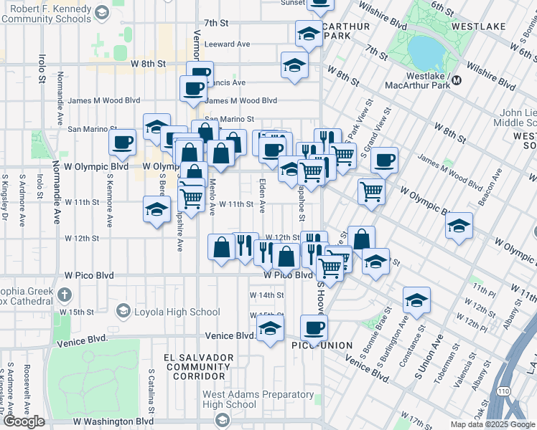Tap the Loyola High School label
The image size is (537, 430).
pos(177,312)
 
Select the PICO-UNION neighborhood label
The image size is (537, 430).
pos(322,345)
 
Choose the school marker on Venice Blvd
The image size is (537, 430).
pos(270,329)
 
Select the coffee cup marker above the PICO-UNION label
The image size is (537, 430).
pos(313,328)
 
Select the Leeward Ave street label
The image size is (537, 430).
pos(227,44)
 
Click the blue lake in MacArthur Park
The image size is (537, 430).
pos(426,49)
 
